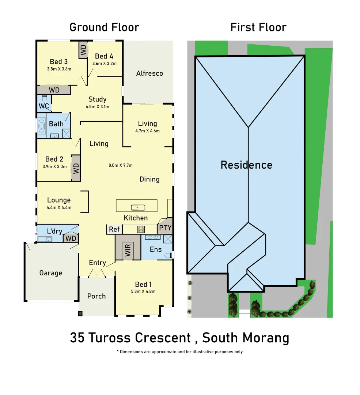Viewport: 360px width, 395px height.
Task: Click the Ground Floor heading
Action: (104, 27)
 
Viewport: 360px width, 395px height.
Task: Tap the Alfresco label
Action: (149, 73)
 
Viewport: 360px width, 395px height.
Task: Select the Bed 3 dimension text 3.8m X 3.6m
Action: (59, 69)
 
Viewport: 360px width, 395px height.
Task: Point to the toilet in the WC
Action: (44, 99)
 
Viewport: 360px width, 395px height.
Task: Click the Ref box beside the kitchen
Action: (114, 229)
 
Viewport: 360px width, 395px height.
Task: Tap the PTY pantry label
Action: (165, 228)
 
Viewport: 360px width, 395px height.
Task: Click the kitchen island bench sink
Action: (138, 208)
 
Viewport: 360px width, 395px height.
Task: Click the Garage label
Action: (51, 273)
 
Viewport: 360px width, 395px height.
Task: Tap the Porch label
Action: (96, 296)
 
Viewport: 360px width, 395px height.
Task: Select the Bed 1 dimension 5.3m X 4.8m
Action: (143, 291)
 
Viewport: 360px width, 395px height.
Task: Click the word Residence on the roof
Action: (246, 165)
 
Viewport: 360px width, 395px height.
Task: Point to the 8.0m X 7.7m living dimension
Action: (121, 165)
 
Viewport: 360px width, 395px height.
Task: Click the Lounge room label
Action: (59, 200)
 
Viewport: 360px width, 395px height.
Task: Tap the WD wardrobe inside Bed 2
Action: (76, 169)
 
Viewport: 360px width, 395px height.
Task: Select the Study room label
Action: (97, 99)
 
